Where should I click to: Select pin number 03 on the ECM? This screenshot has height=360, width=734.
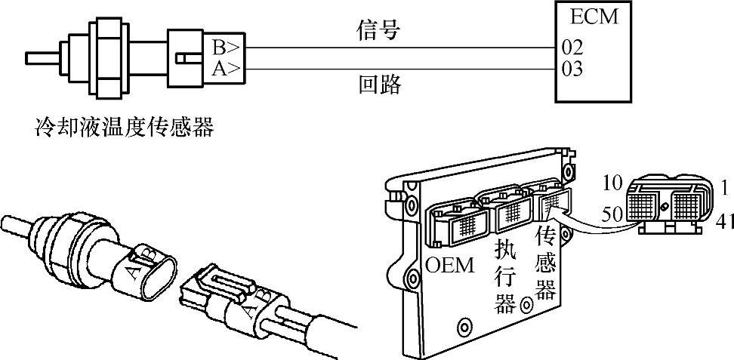coord(572,69)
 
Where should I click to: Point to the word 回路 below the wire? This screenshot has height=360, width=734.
coord(378,85)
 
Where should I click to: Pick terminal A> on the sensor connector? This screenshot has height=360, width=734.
coord(226,69)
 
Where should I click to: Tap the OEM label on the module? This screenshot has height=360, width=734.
coord(450,266)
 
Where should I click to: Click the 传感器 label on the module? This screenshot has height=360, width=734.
coord(545,264)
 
